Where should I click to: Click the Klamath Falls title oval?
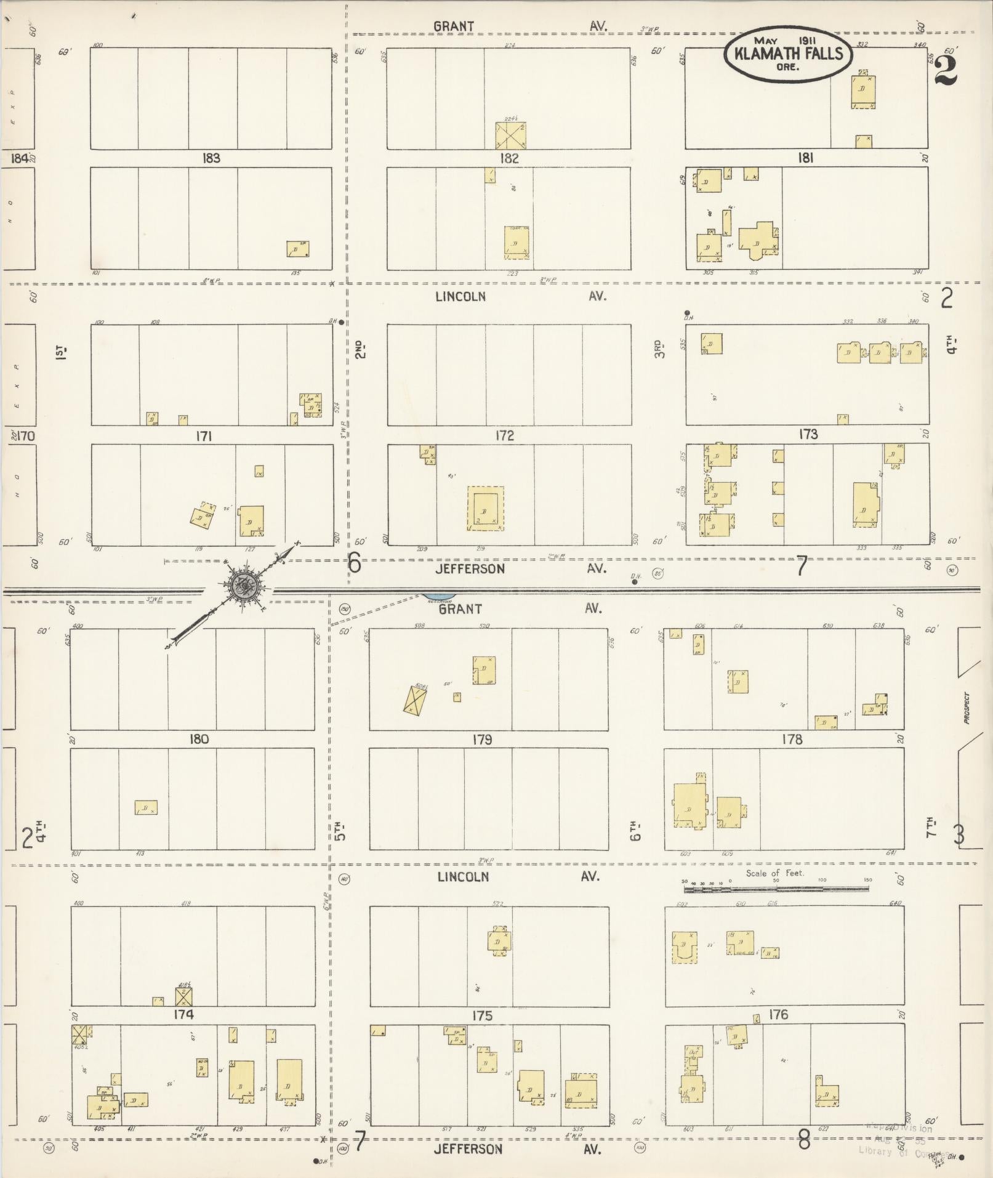pos(787,54)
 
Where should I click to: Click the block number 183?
pos(211,158)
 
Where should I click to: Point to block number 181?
pos(805,158)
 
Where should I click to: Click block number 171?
pos(203,436)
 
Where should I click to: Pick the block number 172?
pos(504,435)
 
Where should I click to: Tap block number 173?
pos(808,434)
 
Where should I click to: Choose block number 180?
pos(199,739)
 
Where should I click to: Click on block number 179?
pos(482,739)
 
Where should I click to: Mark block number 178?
pos(792,739)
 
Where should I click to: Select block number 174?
pos(183,1014)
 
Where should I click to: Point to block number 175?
pos(482,1015)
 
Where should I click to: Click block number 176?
pos(778,1014)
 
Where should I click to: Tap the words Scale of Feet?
pos(775,873)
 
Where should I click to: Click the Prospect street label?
pos(967,708)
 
